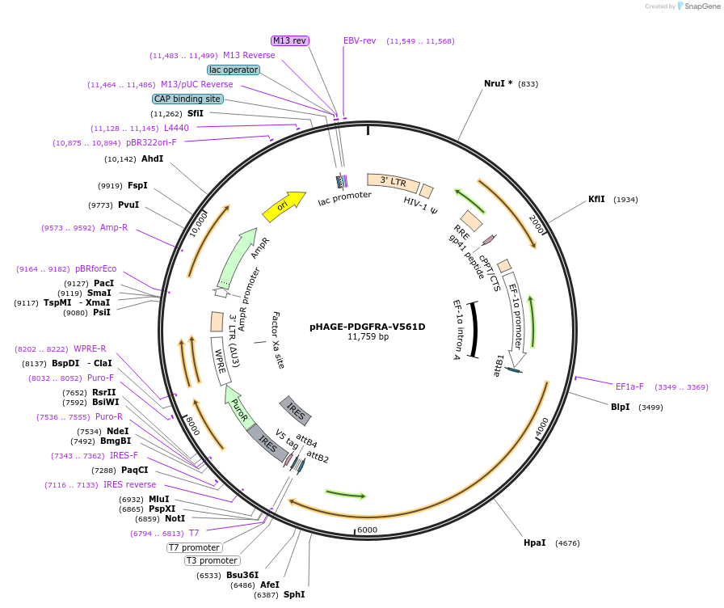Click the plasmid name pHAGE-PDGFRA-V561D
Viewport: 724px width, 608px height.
pyautogui.click(x=367, y=327)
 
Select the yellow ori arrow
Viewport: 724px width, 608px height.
pyautogui.click(x=284, y=205)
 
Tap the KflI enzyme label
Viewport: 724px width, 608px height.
pyautogui.click(x=596, y=199)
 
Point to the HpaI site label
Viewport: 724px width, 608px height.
pyautogui.click(x=534, y=543)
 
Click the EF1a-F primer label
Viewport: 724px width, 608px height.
pyautogui.click(x=629, y=386)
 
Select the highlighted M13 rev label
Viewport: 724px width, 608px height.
pyautogui.click(x=289, y=40)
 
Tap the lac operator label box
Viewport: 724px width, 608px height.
pyautogui.click(x=234, y=70)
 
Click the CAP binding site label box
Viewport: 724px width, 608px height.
pyautogui.click(x=187, y=99)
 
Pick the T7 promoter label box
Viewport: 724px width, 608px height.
pyautogui.click(x=195, y=547)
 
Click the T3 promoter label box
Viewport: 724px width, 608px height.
pyautogui.click(x=212, y=560)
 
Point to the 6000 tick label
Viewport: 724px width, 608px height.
pyautogui.click(x=368, y=530)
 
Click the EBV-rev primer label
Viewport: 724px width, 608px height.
pyautogui.click(x=360, y=40)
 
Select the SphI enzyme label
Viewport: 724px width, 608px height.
pyautogui.click(x=294, y=594)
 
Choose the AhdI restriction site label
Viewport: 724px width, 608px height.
pyautogui.click(x=152, y=158)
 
